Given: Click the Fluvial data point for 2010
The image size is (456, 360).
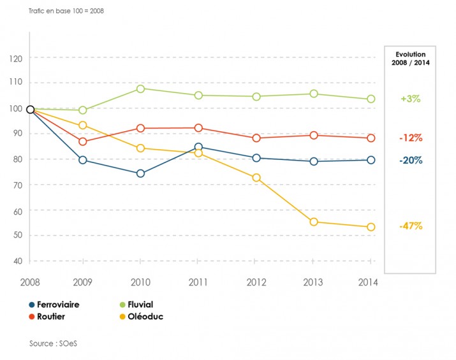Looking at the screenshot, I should point(140,89).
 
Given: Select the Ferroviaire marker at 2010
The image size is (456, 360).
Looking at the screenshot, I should point(140,173).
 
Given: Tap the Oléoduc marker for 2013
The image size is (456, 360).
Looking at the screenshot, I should point(313,222).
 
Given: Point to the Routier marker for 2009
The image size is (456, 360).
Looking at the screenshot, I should point(83,141).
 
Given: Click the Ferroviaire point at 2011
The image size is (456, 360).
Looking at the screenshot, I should point(198,147).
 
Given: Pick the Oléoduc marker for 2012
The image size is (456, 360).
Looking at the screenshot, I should point(256,178).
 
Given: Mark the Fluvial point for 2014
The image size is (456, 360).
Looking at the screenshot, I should point(371,99).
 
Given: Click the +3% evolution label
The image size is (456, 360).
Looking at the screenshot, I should point(410,99).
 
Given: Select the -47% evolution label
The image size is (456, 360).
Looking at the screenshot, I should point(410,226).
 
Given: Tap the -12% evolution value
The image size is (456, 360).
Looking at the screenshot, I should point(410,138).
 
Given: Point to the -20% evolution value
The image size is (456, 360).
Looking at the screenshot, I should point(410,161).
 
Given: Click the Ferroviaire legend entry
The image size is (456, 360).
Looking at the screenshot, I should point(54,305).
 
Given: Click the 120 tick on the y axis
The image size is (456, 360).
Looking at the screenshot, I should point(17,59).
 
